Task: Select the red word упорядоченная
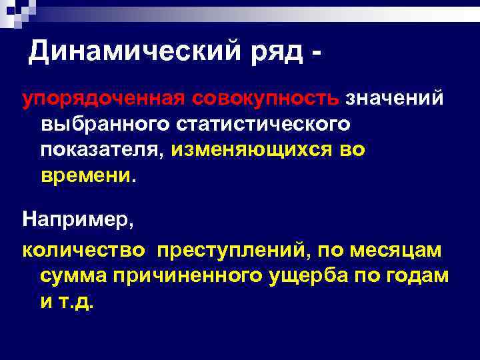[x=103, y=99]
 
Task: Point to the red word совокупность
[x=267, y=99]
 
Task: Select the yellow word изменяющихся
[x=256, y=150]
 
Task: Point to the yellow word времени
[x=85, y=175]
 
